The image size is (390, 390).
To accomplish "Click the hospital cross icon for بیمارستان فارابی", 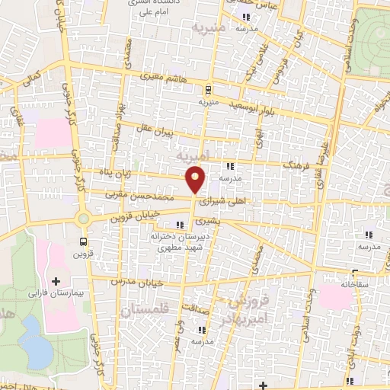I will tap(55, 281).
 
